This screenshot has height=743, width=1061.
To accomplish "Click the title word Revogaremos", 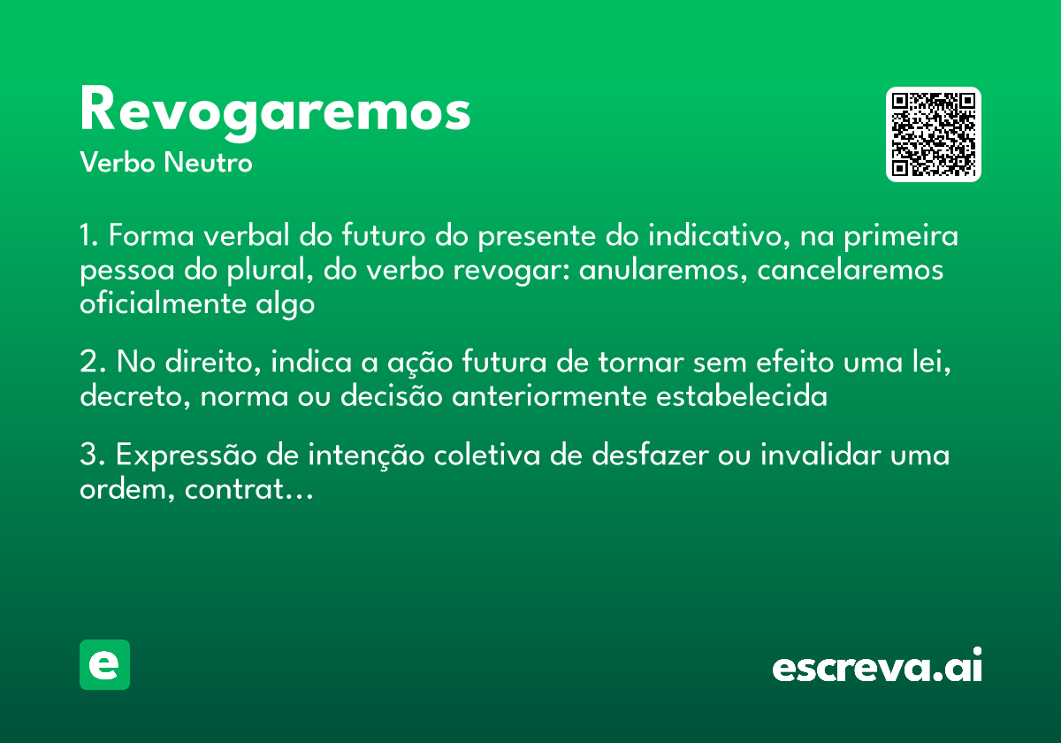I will (275, 111).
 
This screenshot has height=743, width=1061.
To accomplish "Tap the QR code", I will (934, 134).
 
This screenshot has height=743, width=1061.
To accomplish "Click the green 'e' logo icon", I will (104, 664).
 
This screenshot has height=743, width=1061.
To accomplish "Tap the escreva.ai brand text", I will (877, 667).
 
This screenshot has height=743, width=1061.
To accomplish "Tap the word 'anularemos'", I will (652, 270).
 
